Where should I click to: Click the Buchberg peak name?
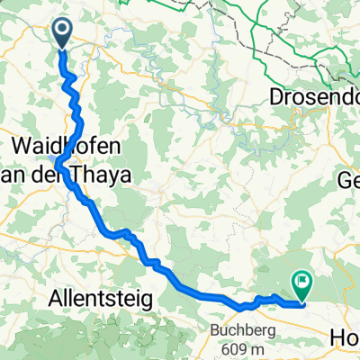pyautogui.click(x=238, y=329)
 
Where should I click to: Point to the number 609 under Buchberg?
pyautogui.click(x=229, y=349)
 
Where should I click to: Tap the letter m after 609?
pyautogui.click(x=252, y=349)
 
